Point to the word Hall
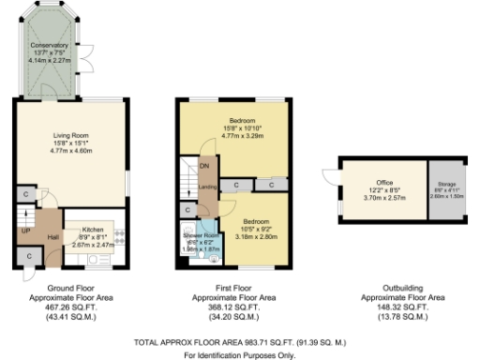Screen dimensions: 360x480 point(52,237)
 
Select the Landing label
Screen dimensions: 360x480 point(207,187)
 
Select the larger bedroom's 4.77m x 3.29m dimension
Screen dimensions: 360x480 point(241,136)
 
